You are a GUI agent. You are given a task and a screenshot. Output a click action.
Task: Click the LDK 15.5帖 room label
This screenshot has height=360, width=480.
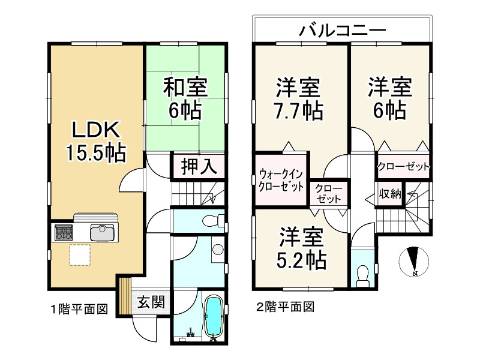(x=96, y=141)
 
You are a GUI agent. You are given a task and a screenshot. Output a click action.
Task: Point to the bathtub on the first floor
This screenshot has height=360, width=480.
(x=214, y=316)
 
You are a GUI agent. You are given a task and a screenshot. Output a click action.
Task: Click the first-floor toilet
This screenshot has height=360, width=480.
(x=211, y=221)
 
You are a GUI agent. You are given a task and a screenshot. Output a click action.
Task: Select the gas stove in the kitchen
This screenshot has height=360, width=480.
(x=64, y=232)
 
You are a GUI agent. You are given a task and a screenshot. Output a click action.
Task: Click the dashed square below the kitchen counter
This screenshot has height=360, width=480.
(x=80, y=254)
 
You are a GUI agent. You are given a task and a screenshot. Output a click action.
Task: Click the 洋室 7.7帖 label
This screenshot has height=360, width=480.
(x=298, y=99)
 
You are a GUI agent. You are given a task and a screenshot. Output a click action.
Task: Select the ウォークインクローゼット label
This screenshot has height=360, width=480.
(x=281, y=180)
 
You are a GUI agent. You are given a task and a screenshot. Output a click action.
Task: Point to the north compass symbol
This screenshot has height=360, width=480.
(x=414, y=261)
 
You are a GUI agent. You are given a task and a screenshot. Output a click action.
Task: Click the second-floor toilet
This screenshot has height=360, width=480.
(x=362, y=274)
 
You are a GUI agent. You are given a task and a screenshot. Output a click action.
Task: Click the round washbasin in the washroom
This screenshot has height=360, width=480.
(x=217, y=250)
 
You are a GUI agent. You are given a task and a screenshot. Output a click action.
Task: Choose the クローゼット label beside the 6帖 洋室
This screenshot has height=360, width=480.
(x=404, y=166)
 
